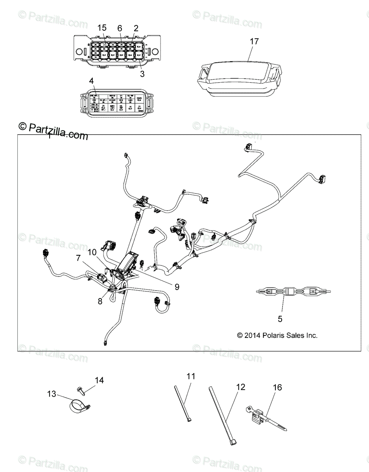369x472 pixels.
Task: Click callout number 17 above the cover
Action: pos(255,42)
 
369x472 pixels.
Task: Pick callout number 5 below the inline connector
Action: pos(280,319)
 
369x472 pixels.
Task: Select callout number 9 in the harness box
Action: pos(177,287)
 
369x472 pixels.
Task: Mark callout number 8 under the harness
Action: pos(100,302)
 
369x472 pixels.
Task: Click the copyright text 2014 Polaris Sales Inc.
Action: pos(277,336)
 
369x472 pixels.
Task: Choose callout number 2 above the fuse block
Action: pos(136,28)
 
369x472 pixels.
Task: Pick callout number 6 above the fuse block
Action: pos(120,28)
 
